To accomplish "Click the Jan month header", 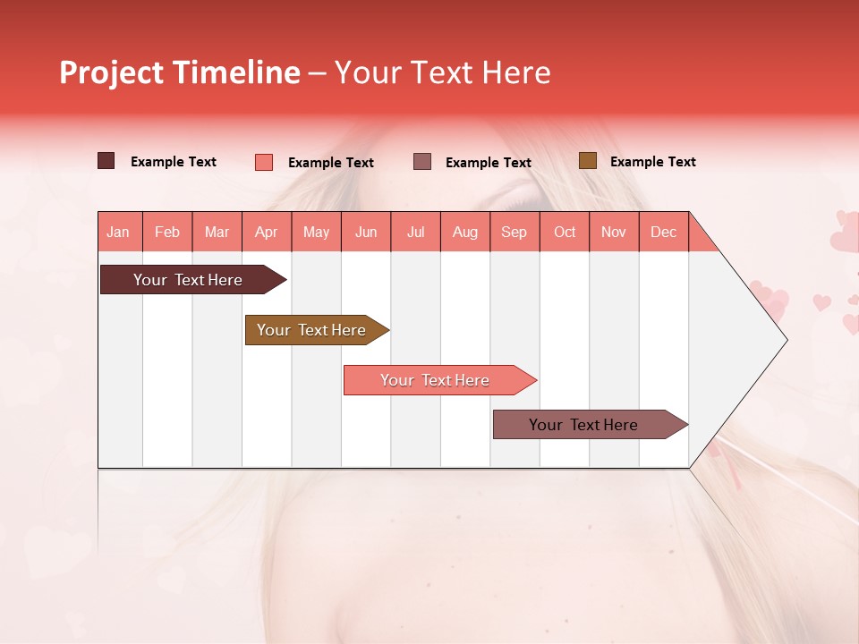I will (118, 232).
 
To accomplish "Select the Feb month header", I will (167, 232).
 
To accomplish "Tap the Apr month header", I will (266, 232).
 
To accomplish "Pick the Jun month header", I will (366, 232).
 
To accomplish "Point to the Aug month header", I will (464, 232).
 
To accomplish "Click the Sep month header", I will (514, 232).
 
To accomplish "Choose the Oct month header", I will (565, 232).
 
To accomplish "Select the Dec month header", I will (663, 232).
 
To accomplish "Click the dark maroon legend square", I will (106, 161).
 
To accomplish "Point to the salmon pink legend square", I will (263, 162).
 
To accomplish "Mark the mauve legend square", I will (421, 162).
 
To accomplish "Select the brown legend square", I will (587, 161).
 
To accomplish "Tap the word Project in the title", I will (113, 72).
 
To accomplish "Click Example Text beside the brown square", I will (652, 162).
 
